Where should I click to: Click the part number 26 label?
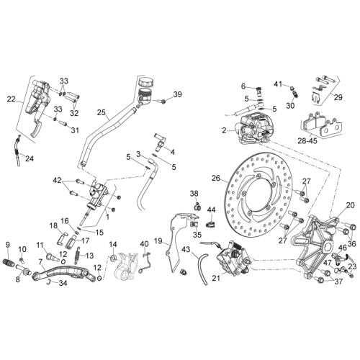tap(216, 178)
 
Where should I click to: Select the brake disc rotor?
tap(259, 191)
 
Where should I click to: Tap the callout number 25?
tap(102, 112)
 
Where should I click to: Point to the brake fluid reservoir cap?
tap(146, 82)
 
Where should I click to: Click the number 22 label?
tap(12, 99)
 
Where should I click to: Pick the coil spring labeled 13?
tap(78, 256)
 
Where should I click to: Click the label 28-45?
tap(307, 140)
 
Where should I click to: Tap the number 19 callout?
tap(158, 241)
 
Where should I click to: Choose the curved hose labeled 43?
tap(202, 269)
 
